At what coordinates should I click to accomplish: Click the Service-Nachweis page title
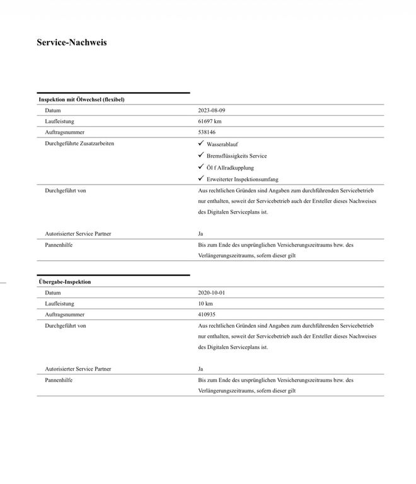coord(72,43)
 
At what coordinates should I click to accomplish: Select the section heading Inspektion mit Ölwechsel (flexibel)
coord(81,100)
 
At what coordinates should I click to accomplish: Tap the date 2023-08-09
coord(211,110)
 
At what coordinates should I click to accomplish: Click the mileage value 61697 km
coord(210,121)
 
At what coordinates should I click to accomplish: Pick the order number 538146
coord(207,132)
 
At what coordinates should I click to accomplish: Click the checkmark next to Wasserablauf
coord(201,144)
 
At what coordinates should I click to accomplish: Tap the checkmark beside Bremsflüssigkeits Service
coord(201,155)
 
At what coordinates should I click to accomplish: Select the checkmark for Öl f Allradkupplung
coord(201,167)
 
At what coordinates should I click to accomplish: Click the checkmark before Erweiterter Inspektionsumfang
coord(201,178)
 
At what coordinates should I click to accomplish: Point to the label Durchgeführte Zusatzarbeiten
coord(79,144)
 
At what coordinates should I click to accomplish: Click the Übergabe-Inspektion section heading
coord(64,282)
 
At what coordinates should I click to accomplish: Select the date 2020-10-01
coord(211,292)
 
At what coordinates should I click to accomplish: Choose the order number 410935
coord(207,314)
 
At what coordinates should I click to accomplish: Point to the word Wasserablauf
coord(222,145)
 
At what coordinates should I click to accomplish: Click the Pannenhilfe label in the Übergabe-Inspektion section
coord(59,380)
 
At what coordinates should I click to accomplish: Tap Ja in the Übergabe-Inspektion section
coord(200,369)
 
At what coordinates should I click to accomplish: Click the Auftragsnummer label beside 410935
coord(64,314)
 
